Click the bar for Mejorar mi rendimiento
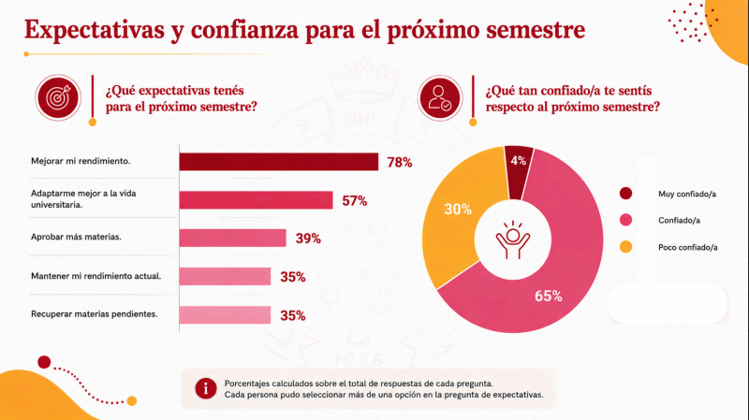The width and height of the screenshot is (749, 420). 278,162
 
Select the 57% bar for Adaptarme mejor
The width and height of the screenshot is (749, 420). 256,200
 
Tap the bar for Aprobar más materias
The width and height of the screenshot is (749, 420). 232,238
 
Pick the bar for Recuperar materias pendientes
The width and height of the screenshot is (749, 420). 225,315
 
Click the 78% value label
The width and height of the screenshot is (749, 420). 400,163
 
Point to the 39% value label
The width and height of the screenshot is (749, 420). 308,239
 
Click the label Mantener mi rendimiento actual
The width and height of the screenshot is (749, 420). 96,276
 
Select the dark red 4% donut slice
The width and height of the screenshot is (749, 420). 520,172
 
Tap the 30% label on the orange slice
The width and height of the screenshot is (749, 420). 458,209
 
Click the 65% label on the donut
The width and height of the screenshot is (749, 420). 549,296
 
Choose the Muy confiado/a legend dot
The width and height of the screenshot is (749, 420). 625,194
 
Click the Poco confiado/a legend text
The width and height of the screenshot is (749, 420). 688,247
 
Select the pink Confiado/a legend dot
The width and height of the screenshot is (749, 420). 625,220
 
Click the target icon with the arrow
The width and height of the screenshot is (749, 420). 58,98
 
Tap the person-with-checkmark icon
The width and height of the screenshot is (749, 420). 439,98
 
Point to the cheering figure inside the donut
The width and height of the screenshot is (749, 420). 512,239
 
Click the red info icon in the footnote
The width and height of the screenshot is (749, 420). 206,389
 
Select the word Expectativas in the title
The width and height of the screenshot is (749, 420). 95,30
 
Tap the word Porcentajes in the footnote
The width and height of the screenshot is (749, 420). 247,384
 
